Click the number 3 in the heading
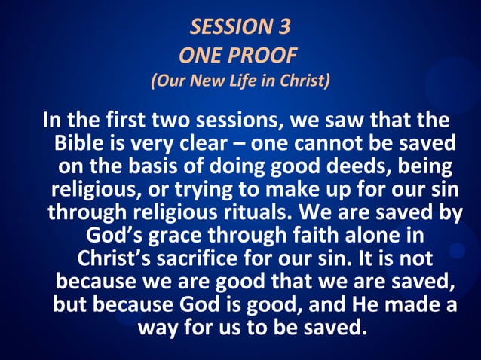(283, 28)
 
